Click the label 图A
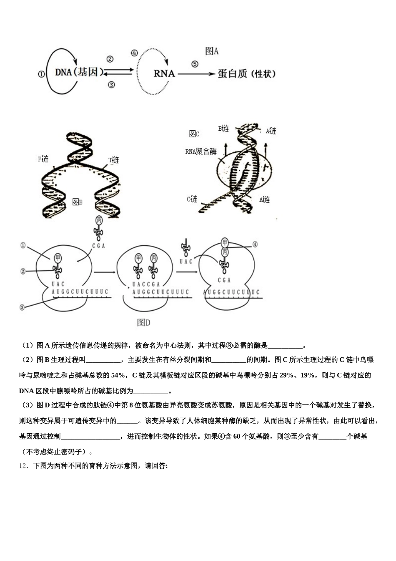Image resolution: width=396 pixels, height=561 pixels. coord(212,51)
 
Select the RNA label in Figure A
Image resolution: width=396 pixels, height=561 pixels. coord(164,73)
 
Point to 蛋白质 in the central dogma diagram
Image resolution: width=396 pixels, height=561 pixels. coord(233,74)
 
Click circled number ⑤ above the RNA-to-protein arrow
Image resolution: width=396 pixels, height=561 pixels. coord(195,64)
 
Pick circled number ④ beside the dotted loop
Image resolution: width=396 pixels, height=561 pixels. coord(134,53)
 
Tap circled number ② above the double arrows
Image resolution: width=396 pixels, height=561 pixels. coord(110,59)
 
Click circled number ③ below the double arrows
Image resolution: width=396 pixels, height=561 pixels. coord(111,85)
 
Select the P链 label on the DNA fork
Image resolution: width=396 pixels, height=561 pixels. coord(43,159)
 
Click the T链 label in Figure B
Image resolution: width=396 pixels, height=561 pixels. coord(114,160)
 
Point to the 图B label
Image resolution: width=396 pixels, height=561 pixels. coord(78,202)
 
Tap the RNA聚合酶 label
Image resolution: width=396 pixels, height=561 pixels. coord(201,152)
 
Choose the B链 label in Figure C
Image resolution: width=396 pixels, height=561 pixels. coord(223,129)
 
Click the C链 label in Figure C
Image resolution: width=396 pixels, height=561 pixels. coord(192,199)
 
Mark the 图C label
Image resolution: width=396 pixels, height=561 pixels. coord(194,134)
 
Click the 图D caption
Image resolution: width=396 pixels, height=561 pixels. coord(143,322)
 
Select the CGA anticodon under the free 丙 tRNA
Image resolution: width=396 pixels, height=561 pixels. coord(98,246)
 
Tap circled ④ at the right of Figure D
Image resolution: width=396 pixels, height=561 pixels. coord(255,245)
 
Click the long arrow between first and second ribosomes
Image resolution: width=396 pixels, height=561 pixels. coord(104,272)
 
